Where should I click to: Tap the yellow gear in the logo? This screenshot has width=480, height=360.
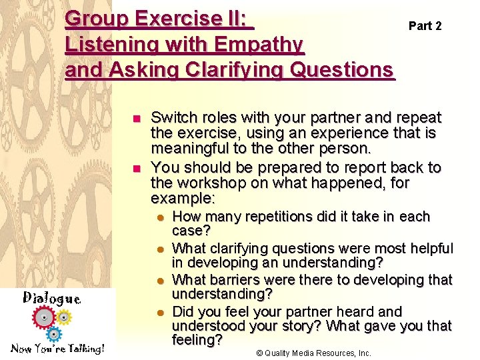pyautogui.click(x=63, y=316)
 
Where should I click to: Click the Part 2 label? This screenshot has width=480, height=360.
pyautogui.click(x=425, y=26)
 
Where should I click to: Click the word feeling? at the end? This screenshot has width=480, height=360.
pyautogui.click(x=197, y=340)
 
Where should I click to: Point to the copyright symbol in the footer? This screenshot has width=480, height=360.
pyautogui.click(x=261, y=353)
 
